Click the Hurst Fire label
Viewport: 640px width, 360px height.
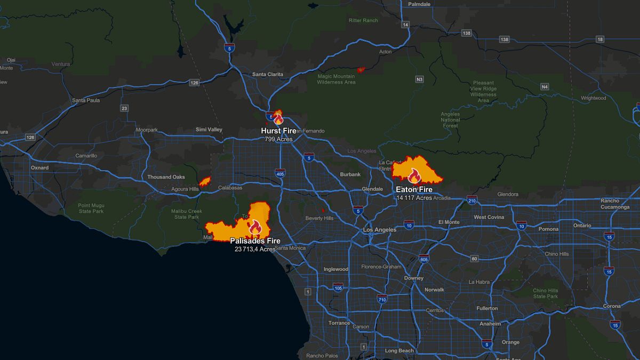point(278,131)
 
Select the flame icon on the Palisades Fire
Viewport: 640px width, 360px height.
point(254,228)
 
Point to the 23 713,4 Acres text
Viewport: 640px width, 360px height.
point(255,249)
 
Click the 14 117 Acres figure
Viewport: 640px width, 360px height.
point(414,198)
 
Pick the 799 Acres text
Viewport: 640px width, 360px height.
point(278,139)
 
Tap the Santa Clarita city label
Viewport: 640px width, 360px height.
point(268,74)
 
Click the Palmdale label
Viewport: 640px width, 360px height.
point(419,4)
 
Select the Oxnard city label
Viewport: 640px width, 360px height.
point(39,167)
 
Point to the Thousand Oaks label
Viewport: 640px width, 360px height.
point(166,177)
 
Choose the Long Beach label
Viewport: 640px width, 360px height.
point(399,351)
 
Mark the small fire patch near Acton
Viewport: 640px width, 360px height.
point(361,69)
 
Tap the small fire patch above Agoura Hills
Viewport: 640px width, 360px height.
point(205,181)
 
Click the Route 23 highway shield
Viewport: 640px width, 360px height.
point(125,108)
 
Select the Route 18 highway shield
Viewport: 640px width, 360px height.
point(601,39)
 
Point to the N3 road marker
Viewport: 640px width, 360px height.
point(419,79)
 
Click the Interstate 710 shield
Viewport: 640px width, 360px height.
point(381,300)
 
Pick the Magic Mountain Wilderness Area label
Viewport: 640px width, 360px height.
point(336,79)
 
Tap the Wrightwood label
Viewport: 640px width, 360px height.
point(594,98)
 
